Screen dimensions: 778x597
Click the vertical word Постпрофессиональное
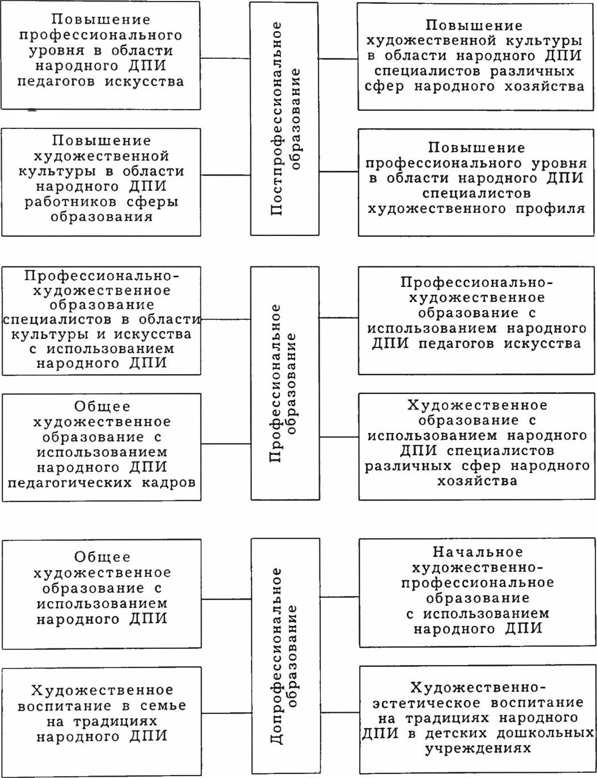(x=276, y=119)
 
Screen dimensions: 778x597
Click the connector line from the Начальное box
(x=339, y=597)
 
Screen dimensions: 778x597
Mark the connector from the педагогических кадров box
(x=226, y=444)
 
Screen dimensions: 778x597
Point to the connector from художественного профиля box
(x=339, y=172)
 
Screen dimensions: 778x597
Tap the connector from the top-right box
(x=338, y=59)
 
